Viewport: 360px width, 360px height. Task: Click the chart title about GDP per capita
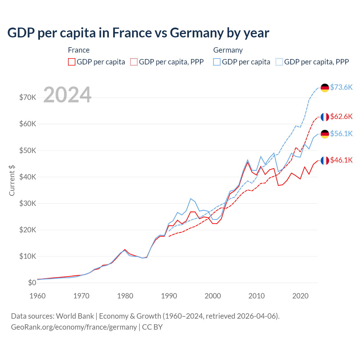point(138,33)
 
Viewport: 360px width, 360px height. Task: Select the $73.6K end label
point(341,87)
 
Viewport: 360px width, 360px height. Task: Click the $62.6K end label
point(341,117)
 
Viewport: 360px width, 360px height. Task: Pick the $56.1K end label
point(341,134)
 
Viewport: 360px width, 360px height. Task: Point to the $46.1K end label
point(341,160)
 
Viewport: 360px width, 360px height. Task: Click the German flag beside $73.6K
point(325,88)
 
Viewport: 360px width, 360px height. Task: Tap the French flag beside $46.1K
point(325,160)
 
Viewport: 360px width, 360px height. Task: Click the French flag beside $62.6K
point(325,117)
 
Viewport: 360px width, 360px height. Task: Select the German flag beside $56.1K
point(325,134)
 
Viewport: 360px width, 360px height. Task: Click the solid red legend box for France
point(72,62)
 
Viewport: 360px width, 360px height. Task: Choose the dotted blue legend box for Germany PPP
point(279,62)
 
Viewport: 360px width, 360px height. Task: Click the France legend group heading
point(79,50)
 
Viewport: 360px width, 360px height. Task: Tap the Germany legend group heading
point(228,50)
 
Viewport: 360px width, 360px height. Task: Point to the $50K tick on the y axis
point(28,150)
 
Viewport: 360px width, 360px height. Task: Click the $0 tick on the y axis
point(32,283)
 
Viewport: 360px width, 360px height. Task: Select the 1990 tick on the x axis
point(169,296)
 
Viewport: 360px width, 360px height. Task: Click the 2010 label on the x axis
point(256,296)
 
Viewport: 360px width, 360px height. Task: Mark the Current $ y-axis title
point(12,181)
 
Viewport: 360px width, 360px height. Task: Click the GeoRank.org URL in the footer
point(74,327)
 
